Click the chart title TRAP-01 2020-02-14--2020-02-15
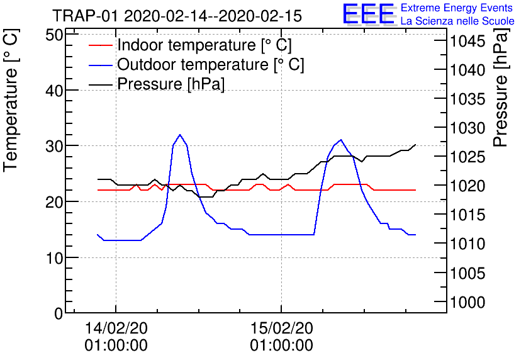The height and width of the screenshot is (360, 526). (177, 15)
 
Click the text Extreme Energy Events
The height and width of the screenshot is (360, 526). (457, 8)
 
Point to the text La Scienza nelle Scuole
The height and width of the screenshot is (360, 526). (457, 21)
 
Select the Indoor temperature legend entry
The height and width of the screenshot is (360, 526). (204, 45)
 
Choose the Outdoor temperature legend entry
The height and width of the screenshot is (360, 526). (211, 65)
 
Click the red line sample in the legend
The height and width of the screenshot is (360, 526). (100, 45)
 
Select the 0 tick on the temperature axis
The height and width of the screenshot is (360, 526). (59, 313)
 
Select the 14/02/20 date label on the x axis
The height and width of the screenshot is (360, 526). (116, 328)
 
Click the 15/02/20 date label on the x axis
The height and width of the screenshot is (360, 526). (281, 328)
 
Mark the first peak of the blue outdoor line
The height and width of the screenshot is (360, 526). (180, 135)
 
